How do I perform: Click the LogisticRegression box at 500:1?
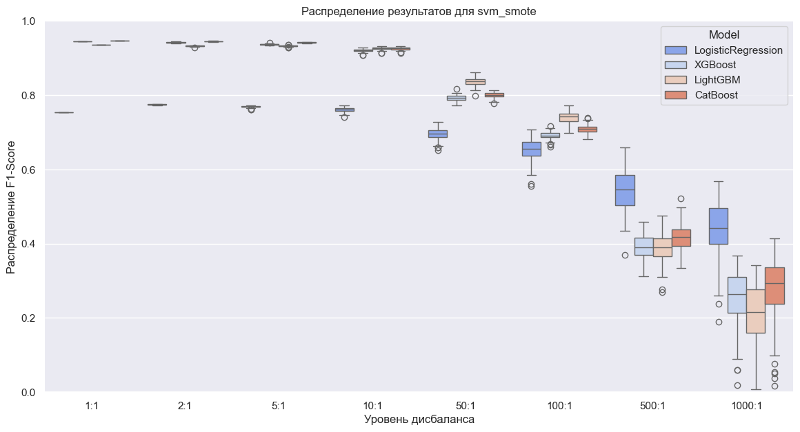tap(625, 190)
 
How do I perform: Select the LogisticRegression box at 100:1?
tap(532, 149)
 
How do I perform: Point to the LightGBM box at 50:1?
tap(475, 81)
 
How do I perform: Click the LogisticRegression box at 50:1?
tap(438, 134)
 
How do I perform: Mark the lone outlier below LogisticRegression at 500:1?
tap(625, 255)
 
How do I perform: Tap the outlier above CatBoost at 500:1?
tap(681, 198)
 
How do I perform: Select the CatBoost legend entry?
tap(717, 95)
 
